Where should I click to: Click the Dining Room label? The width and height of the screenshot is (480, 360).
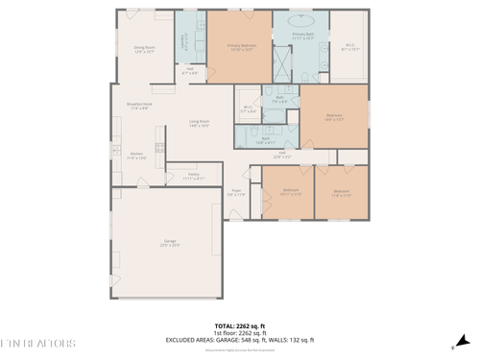coord(144,48)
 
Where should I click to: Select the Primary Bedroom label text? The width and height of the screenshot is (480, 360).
coord(240,46)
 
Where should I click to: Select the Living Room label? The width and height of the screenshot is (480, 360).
coord(199,123)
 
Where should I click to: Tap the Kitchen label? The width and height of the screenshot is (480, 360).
coord(136,156)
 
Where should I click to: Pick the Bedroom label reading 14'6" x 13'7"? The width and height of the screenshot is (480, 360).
coord(334,118)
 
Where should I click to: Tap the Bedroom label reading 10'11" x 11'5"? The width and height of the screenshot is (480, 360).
coord(290,192)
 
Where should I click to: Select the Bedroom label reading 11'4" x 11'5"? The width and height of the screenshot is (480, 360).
coord(341,192)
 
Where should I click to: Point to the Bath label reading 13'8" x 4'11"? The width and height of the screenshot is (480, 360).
coord(266,139)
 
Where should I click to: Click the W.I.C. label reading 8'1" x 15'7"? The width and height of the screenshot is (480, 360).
coord(350,46)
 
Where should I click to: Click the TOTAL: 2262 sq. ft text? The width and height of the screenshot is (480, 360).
coord(239,326)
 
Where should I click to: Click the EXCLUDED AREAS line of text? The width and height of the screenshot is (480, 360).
coord(239,340)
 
